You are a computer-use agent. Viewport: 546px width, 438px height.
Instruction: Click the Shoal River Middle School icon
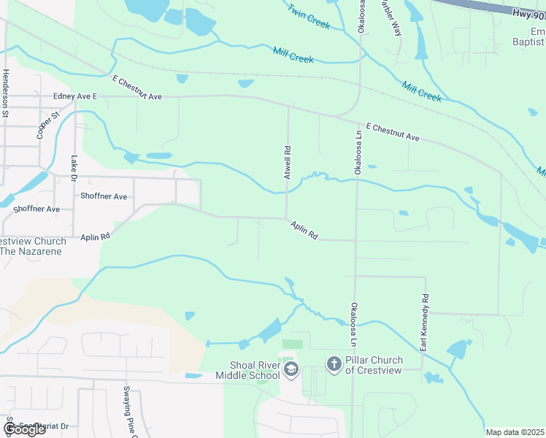(x=291, y=369)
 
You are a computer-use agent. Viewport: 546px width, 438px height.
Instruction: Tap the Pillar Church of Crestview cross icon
(x=334, y=364)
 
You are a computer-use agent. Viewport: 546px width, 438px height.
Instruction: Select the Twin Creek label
(x=309, y=18)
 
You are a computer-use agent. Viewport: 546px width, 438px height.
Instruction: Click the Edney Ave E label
(x=75, y=96)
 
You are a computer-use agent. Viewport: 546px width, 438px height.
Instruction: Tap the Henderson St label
(x=5, y=93)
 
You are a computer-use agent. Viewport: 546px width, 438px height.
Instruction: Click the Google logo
(x=23, y=429)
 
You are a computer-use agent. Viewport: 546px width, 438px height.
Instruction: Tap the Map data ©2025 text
(x=515, y=432)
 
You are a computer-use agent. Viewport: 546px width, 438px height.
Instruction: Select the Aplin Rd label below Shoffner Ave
(x=95, y=237)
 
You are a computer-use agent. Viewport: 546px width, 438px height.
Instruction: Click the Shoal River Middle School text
(x=247, y=371)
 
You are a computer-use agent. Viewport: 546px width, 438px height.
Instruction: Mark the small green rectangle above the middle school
(x=292, y=344)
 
